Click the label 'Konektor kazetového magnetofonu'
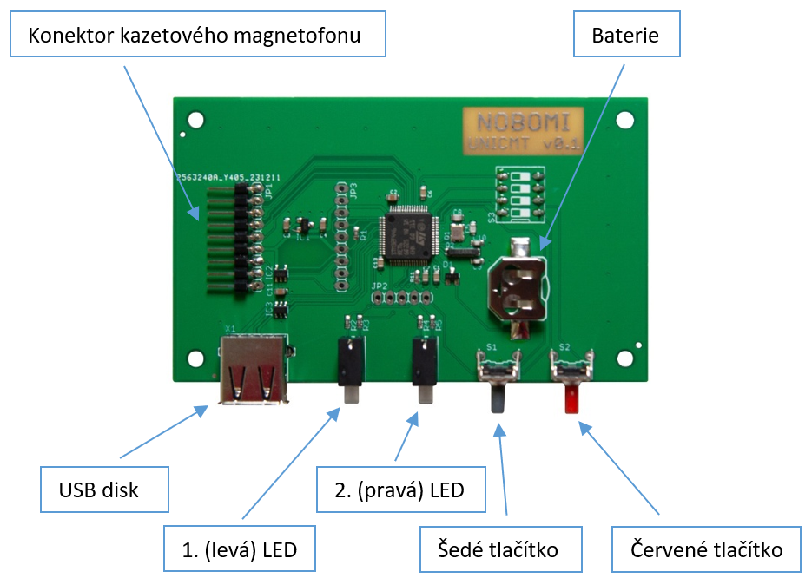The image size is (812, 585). click(x=195, y=36)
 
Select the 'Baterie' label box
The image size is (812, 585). click(x=625, y=36)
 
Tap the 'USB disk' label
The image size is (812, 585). click(x=104, y=490)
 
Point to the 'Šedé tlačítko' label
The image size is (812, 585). click(x=500, y=549)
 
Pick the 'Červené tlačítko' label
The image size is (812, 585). click(x=706, y=549)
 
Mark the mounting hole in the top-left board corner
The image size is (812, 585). click(x=196, y=121)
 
